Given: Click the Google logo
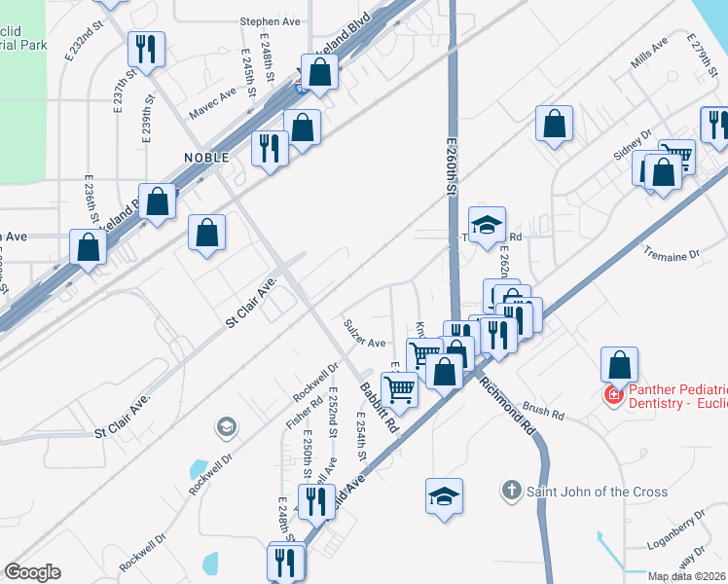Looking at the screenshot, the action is pos(32,572).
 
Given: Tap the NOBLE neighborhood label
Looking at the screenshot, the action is pos(206,157).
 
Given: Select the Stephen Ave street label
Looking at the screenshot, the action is pos(271,20).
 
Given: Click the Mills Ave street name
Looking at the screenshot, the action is pos(649,55).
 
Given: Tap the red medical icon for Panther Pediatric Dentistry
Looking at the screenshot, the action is pos(614,395).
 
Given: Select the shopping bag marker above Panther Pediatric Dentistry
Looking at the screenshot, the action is pos(620,366).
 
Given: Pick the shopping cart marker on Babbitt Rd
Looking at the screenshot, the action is pos(399,389).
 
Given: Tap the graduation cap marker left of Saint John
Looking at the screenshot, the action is pos(444,496).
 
